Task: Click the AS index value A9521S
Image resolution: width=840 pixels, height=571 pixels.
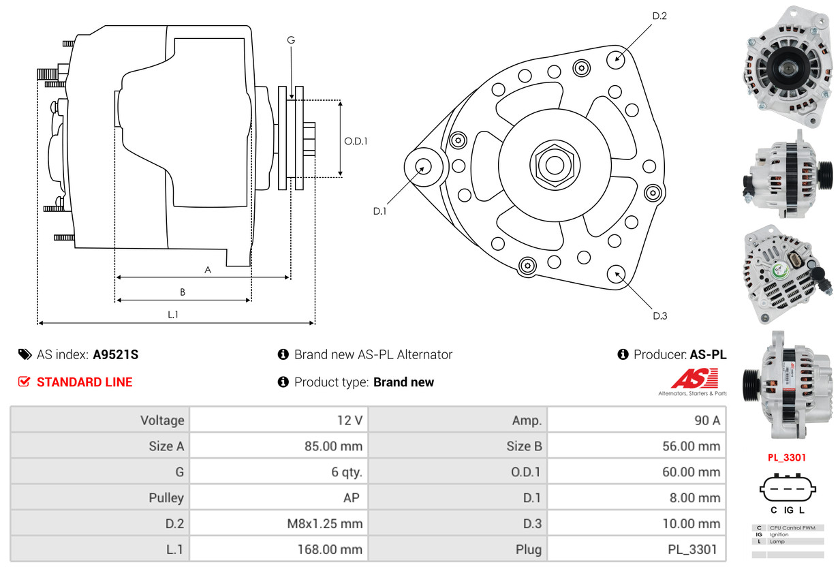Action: (x=115, y=354)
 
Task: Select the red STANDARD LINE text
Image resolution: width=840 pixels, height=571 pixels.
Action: (x=84, y=382)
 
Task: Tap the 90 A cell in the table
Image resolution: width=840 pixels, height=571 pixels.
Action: (x=706, y=420)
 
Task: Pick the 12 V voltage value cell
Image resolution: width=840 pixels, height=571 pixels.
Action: (x=349, y=420)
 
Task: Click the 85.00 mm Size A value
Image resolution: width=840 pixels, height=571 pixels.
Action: (x=333, y=446)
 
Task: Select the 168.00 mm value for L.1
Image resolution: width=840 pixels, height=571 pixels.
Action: (x=330, y=549)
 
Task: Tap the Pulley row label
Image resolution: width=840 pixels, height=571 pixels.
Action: (x=166, y=498)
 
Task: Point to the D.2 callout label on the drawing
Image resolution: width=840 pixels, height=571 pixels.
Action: (x=659, y=16)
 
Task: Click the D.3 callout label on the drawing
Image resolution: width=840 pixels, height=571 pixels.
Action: (x=659, y=315)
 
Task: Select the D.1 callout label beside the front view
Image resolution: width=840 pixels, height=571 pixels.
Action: (x=379, y=211)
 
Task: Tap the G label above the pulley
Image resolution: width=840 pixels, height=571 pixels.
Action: (x=291, y=40)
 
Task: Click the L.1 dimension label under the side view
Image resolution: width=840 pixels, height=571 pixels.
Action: (x=173, y=314)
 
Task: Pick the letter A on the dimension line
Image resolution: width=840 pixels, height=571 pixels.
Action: (x=208, y=270)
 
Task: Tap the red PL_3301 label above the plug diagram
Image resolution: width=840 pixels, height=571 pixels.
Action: (x=787, y=457)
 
